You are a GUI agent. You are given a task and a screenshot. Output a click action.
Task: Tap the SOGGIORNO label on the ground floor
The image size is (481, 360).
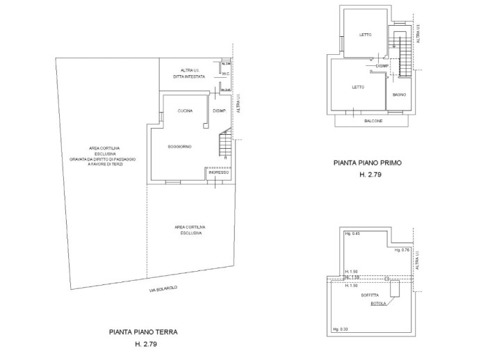[179, 147]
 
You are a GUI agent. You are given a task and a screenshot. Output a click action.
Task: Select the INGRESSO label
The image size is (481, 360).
[218, 172]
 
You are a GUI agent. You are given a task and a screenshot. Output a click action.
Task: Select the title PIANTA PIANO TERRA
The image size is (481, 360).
[142, 332]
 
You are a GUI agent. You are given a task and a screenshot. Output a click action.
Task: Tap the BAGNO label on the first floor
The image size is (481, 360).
[398, 94]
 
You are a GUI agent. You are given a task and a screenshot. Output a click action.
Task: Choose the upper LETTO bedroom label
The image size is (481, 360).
[366, 34]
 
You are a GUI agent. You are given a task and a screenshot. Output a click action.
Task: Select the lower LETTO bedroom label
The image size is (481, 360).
[357, 87]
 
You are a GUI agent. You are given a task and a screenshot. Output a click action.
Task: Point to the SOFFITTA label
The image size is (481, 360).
[370, 295]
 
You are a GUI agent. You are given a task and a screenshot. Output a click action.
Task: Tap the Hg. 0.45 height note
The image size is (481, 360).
[352, 234]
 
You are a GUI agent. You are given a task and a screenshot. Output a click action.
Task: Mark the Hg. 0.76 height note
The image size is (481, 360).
[402, 249]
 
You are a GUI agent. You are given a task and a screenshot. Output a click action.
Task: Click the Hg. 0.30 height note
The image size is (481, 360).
[340, 329]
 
